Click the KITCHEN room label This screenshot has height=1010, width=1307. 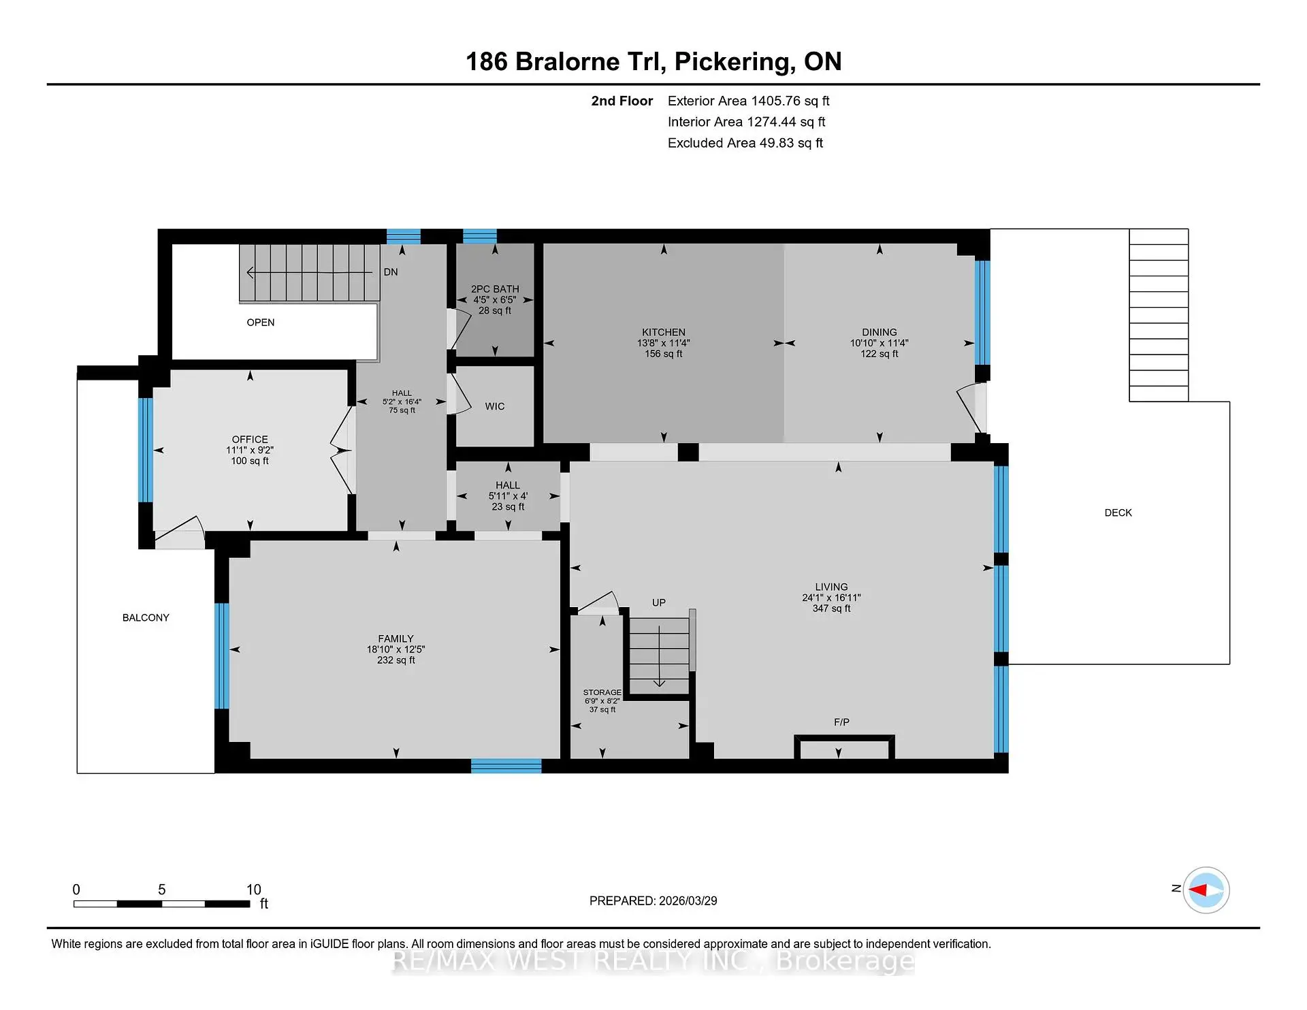tap(663, 332)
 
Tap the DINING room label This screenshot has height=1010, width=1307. tap(879, 332)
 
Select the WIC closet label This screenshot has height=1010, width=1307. tap(495, 406)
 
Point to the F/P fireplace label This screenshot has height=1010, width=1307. tap(841, 722)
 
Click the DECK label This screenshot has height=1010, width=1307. tap(1118, 512)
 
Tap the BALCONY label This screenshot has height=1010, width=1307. tap(146, 617)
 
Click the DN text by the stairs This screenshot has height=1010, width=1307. tap(391, 272)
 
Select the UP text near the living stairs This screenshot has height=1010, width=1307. tap(658, 602)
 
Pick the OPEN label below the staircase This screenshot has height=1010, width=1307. tap(261, 323)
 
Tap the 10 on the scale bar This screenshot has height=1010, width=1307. tap(253, 890)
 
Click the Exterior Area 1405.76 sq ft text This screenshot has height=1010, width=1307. tap(748, 101)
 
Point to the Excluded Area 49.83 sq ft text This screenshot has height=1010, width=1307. tap(745, 143)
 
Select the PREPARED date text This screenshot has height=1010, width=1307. tap(653, 900)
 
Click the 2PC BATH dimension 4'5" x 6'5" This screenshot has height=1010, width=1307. tap(495, 299)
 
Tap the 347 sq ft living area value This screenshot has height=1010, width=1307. tap(831, 608)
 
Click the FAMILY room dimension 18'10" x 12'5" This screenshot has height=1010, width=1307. tap(396, 649)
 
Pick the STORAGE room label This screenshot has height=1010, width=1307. tap(602, 692)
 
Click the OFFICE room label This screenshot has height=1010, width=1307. tap(250, 439)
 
